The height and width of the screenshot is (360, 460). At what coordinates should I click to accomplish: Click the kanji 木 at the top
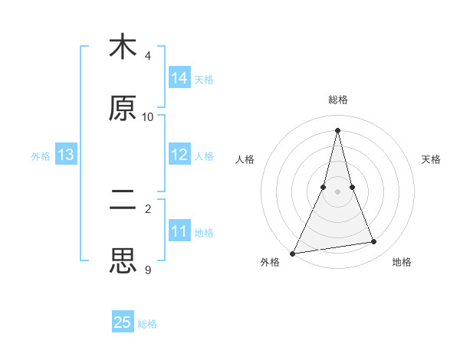click(x=123, y=47)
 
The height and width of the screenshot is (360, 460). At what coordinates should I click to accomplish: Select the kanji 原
click(x=123, y=108)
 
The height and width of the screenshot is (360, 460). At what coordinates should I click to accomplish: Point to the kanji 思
click(x=123, y=261)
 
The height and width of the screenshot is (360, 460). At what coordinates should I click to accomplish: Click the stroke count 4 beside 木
click(x=148, y=56)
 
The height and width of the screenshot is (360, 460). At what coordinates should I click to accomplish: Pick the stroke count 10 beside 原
click(x=148, y=117)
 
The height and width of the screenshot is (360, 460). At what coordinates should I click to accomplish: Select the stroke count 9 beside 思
click(x=148, y=270)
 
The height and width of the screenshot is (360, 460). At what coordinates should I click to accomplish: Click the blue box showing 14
click(x=179, y=78)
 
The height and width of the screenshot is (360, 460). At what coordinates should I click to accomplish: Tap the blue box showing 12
click(x=179, y=155)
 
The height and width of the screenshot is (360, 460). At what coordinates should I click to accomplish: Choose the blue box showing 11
click(x=179, y=231)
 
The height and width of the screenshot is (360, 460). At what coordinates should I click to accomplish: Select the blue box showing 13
click(x=66, y=155)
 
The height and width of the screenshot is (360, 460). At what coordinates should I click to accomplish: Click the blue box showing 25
click(x=123, y=322)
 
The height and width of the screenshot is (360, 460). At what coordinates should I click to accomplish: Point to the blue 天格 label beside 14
click(x=204, y=79)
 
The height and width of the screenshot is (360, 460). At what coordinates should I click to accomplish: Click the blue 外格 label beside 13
click(x=41, y=155)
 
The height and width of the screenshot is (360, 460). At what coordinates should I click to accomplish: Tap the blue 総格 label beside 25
click(x=147, y=323)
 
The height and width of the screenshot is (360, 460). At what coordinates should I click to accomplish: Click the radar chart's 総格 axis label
click(x=338, y=100)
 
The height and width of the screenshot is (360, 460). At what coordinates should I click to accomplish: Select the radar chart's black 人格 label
click(x=245, y=159)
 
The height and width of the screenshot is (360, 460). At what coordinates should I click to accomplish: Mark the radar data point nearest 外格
click(x=293, y=253)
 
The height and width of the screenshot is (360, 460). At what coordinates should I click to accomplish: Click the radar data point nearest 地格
click(x=374, y=242)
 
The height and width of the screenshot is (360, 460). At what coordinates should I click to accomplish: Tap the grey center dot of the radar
click(x=337, y=191)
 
